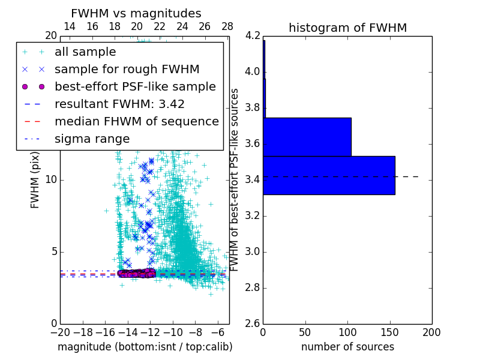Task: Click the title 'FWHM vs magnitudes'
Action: pos(136,13)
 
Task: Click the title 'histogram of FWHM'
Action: pos(347,28)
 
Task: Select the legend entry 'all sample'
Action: pos(85,52)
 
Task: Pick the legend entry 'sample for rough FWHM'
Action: pos(127,69)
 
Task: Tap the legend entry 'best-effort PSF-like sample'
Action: pos(135,86)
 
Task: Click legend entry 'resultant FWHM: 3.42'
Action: pos(119,104)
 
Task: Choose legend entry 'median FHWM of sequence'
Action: pos(136,121)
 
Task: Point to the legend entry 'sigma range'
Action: pos(92,139)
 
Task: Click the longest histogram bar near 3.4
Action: pos(329,175)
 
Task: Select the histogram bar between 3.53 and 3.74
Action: pos(307,137)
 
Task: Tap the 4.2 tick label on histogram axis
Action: pos(253,36)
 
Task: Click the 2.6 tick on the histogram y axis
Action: pos(253,324)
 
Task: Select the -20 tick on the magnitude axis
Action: pos(60,332)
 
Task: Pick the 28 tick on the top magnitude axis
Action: pos(227,26)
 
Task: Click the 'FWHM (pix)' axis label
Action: pos(35,179)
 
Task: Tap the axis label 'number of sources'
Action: pos(347,347)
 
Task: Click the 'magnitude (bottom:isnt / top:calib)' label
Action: pos(145,347)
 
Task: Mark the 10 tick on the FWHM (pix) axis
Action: pos(50,180)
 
